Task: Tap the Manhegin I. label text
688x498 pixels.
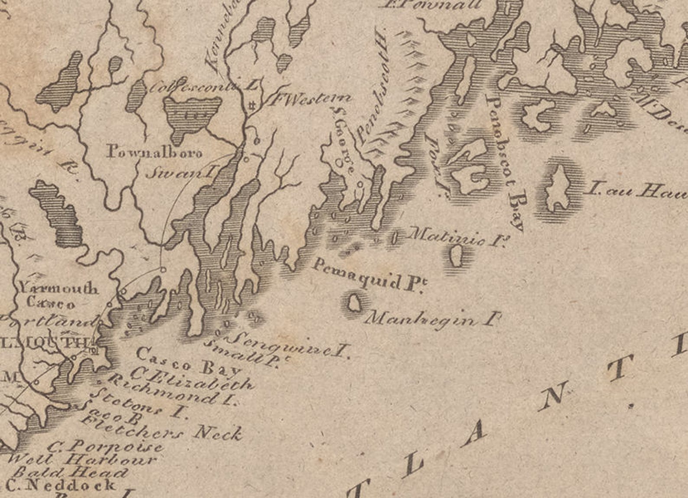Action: [x=432, y=320]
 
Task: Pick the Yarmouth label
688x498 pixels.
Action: [x=58, y=288]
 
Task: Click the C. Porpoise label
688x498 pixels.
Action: [x=106, y=446]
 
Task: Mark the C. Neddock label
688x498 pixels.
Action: [x=61, y=485]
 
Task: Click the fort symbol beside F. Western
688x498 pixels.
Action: [x=251, y=105]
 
